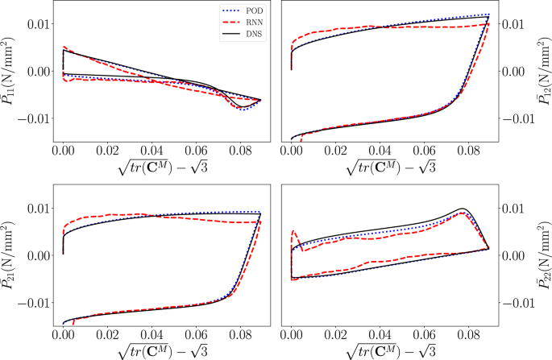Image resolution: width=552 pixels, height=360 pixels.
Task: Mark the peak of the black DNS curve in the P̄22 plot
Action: pyautogui.click(x=463, y=209)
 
